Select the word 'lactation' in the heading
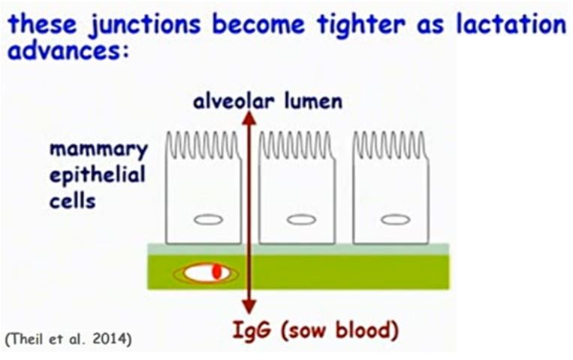click(511, 23)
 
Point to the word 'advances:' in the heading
click(68, 51)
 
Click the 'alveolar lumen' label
click(268, 101)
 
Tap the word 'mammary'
click(98, 150)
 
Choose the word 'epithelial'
click(97, 176)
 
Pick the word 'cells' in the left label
click(72, 201)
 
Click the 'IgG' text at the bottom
click(252, 331)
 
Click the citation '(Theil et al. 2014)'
click(68, 339)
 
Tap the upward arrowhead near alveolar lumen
click(249, 118)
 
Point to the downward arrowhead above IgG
click(249, 306)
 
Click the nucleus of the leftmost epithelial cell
click(208, 219)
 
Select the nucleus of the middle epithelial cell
click(301, 219)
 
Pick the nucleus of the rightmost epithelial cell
click(396, 219)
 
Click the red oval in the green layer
click(217, 271)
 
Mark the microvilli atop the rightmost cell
click(391, 145)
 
